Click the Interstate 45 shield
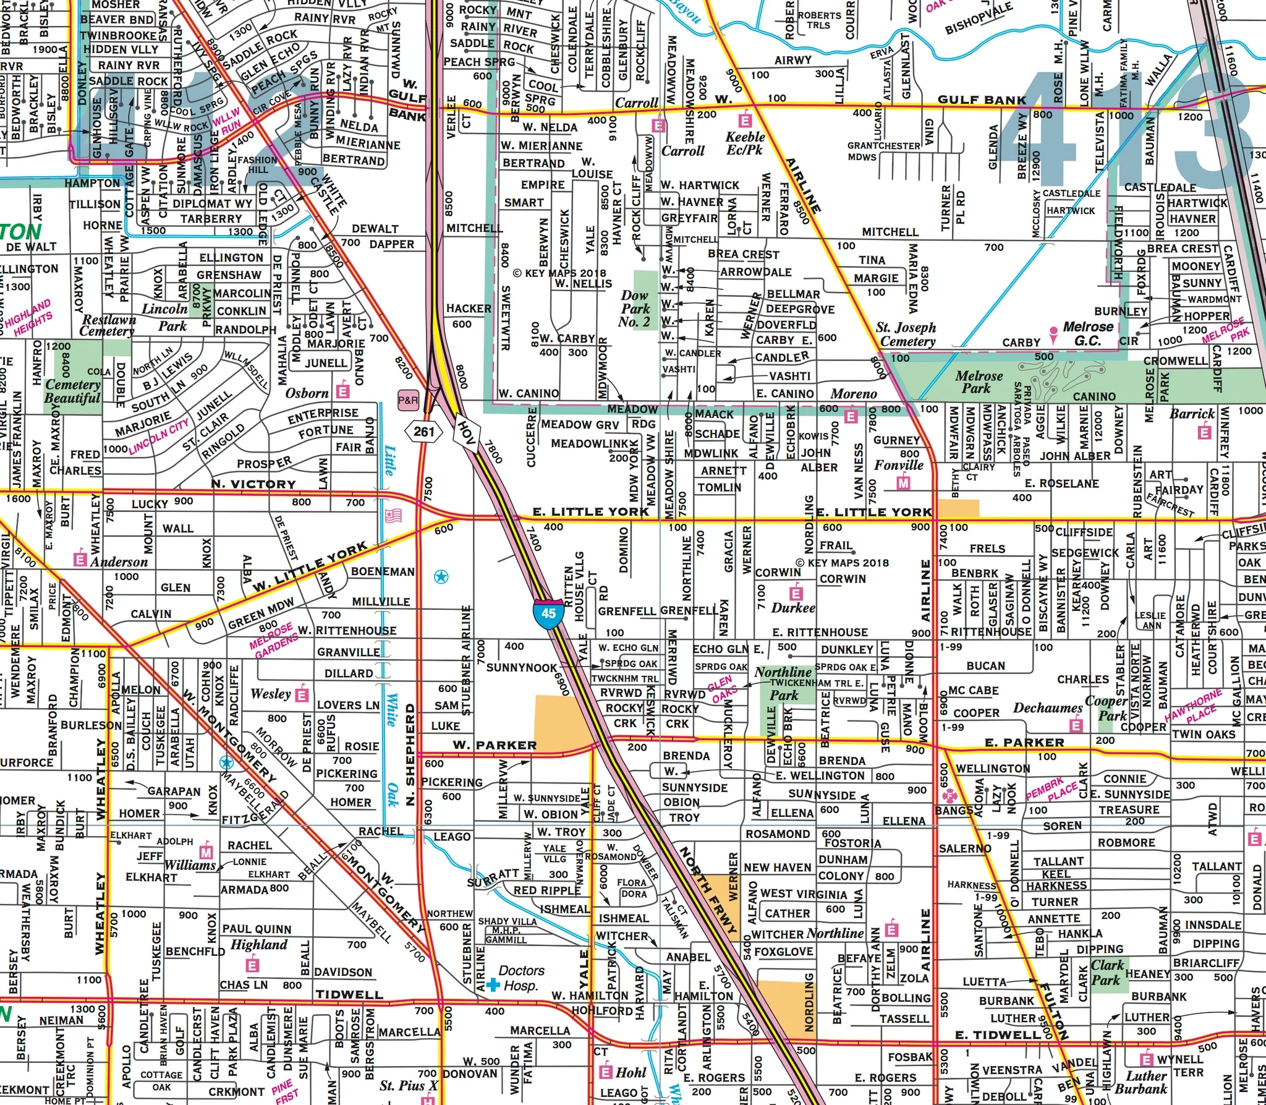coord(548,613)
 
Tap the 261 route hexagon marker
coord(424,432)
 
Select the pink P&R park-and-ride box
coord(408,400)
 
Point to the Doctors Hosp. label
coord(522,978)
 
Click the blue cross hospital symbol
coord(493,984)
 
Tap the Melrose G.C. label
coord(1088,333)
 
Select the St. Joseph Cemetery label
coord(906,334)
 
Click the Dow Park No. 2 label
coord(635,309)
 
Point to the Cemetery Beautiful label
coord(72,391)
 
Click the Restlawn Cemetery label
coord(109,325)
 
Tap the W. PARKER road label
coord(495,745)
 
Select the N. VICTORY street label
coord(253,484)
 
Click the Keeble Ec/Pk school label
coord(745,143)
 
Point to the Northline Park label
coord(783,683)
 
